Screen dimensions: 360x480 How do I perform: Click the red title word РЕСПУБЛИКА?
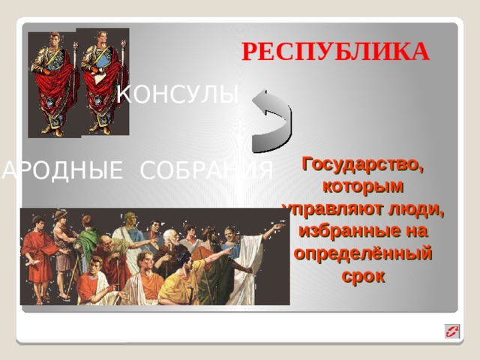(x=335, y=52)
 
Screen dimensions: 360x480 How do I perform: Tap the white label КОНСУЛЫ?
(x=179, y=94)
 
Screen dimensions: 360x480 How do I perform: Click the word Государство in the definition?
(x=362, y=163)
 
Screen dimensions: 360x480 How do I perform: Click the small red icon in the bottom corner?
(x=451, y=331)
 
